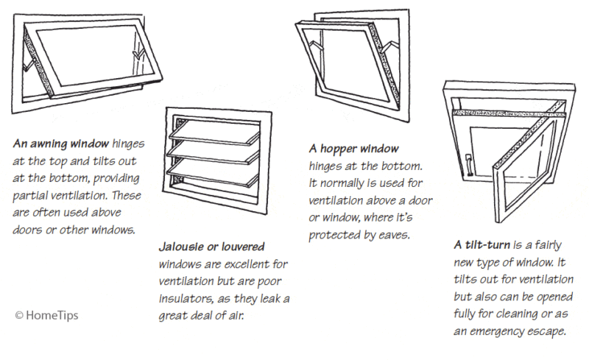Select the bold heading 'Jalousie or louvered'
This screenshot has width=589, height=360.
(211, 245)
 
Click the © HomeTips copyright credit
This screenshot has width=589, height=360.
(46, 314)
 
